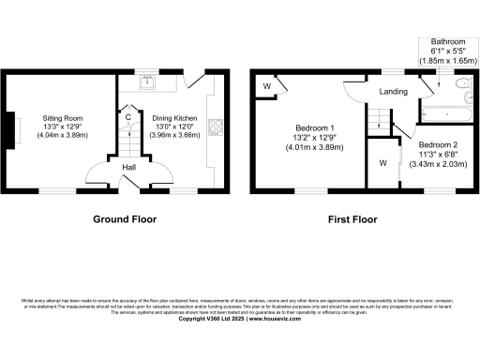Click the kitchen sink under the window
(148, 82)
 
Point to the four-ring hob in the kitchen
(215, 127)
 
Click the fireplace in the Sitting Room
(14, 128)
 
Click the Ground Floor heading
(124, 219)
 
